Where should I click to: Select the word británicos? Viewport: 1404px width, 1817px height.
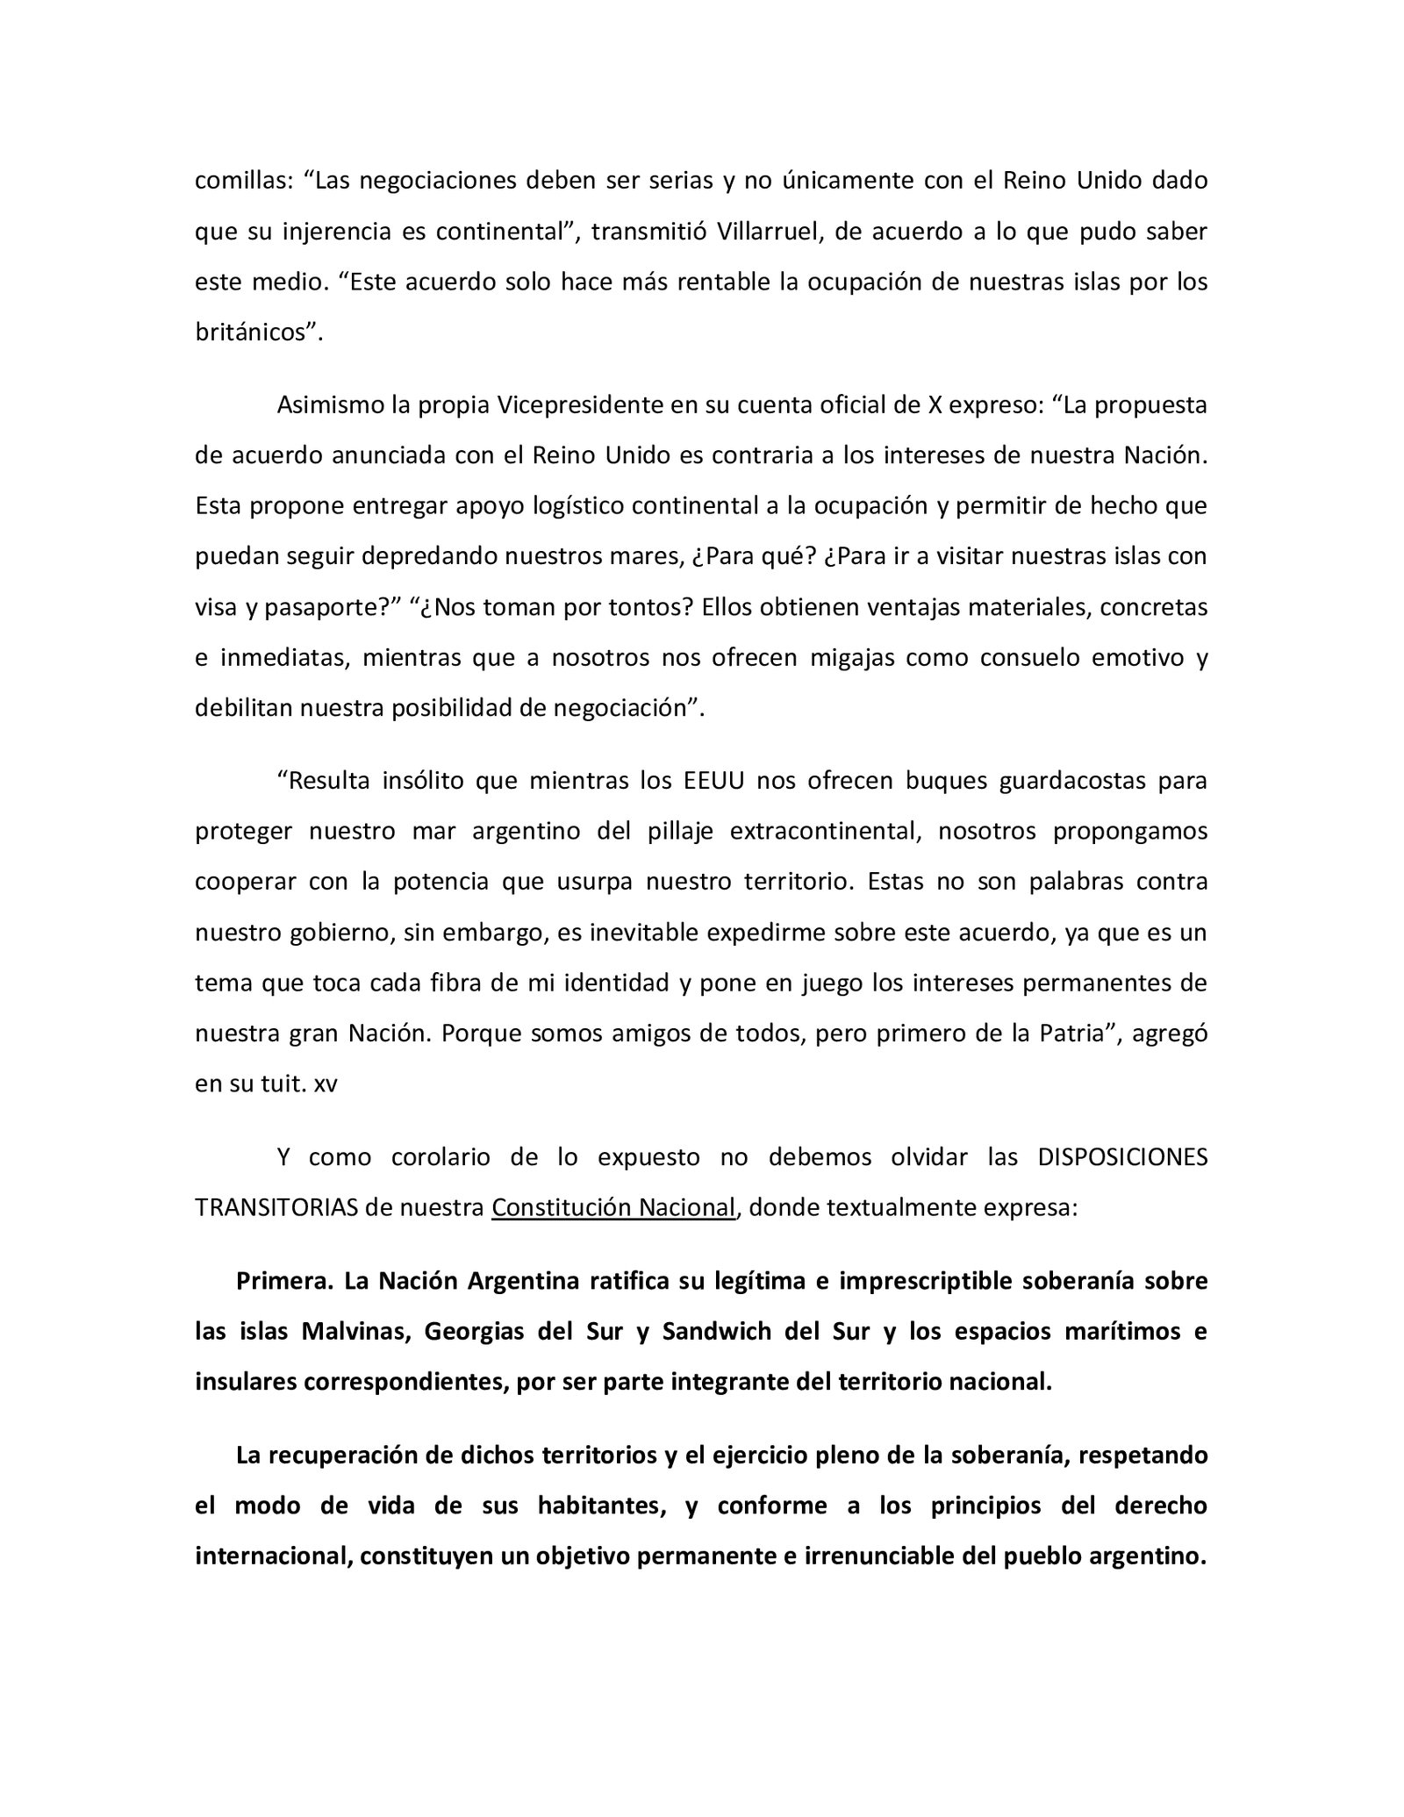[x=254, y=333]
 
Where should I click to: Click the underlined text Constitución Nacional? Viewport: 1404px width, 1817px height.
[x=612, y=1208]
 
